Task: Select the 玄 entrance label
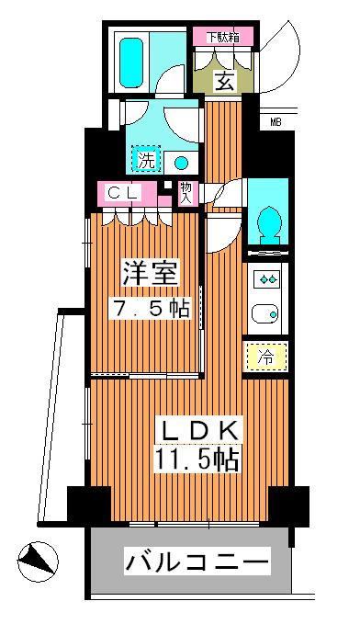pyautogui.click(x=224, y=82)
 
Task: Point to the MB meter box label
pyautogui.click(x=277, y=119)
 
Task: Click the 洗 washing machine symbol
pyautogui.click(x=146, y=160)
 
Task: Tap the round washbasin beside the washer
pyautogui.click(x=181, y=163)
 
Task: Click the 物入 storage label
pyautogui.click(x=186, y=191)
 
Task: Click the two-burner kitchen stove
pyautogui.click(x=268, y=278)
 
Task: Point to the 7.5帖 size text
pyautogui.click(x=152, y=308)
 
